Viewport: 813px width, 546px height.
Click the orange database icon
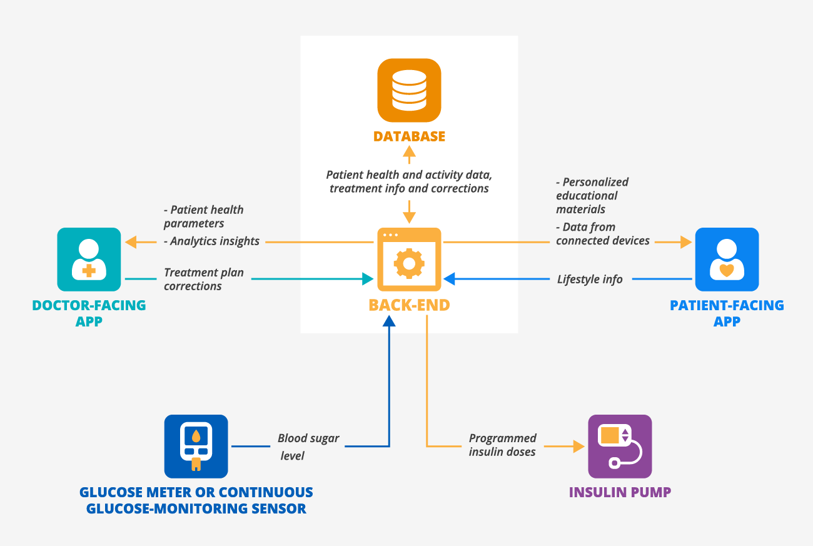[409, 90]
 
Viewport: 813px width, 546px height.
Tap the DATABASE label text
[409, 136]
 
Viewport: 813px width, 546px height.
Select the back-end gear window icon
[409, 260]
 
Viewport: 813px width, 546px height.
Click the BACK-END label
[409, 305]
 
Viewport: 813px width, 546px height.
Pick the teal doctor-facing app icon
[89, 260]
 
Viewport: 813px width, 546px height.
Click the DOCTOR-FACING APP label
[89, 313]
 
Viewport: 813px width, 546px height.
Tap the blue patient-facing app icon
[727, 260]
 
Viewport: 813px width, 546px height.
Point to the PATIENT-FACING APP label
[727, 313]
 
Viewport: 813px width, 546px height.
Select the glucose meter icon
[196, 446]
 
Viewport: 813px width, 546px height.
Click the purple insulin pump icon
[620, 446]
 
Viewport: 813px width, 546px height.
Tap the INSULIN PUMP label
[620, 492]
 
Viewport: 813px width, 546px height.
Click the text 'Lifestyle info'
[590, 280]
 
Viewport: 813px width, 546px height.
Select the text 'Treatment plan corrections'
[203, 280]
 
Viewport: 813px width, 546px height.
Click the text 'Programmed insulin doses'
[502, 445]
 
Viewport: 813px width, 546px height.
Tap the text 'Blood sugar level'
[308, 447]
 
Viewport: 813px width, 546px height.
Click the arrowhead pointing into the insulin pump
[579, 446]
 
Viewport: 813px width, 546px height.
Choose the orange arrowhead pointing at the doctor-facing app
[130, 241]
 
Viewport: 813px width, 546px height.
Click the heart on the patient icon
[727, 270]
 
